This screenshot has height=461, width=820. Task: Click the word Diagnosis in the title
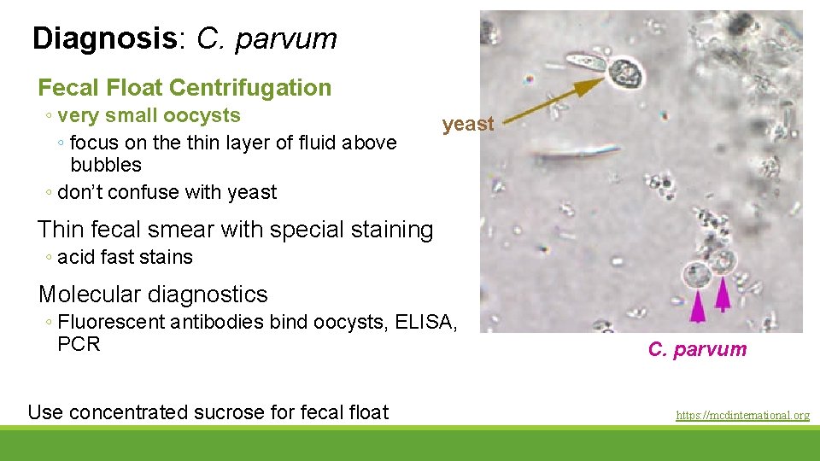[x=103, y=38]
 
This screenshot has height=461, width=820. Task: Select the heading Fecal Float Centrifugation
[x=184, y=87]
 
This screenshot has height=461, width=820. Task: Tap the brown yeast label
[x=468, y=124]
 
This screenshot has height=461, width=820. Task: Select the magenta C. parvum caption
[x=697, y=349]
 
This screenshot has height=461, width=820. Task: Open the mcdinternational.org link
[x=742, y=416]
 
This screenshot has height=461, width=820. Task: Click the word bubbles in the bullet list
[x=106, y=165]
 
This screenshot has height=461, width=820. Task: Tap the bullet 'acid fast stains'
[x=125, y=257]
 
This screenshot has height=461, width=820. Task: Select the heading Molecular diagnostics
[x=153, y=295]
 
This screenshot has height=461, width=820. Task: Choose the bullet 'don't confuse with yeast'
[x=167, y=192]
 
